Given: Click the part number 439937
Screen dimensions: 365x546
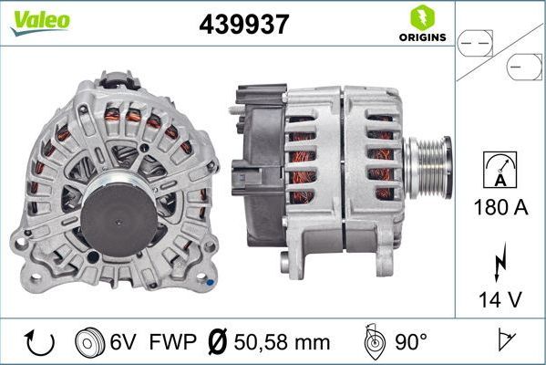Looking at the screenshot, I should pos(244,25).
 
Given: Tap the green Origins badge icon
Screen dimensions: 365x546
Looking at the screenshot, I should pos(420,16).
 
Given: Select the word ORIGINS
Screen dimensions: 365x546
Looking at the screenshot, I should pos(420,37).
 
